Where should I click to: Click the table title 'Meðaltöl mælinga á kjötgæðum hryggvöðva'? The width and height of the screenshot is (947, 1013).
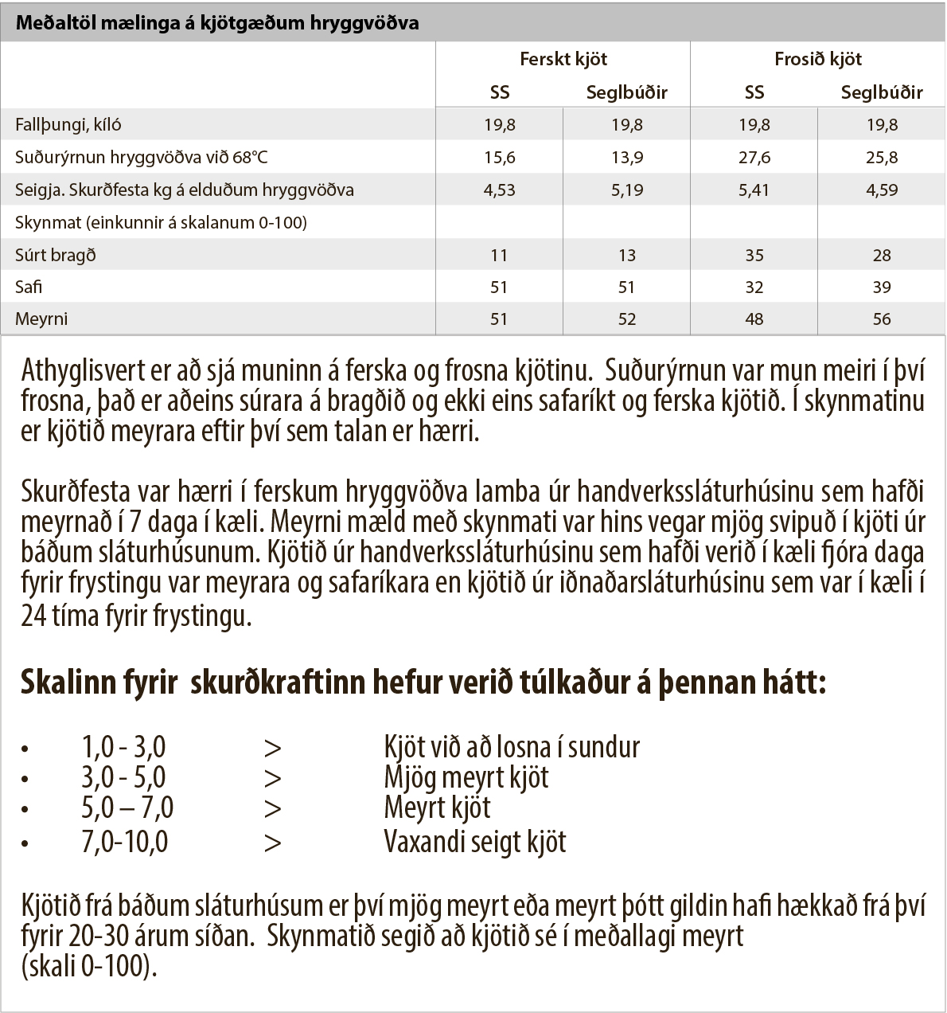click(216, 23)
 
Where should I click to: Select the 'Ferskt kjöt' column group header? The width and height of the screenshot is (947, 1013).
click(563, 59)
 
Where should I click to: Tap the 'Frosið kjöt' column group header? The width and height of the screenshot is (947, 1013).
click(818, 59)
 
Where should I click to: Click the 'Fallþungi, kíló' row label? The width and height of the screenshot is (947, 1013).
click(68, 125)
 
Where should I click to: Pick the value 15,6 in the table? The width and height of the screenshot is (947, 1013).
click(500, 158)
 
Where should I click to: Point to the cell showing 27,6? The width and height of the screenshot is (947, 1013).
click(754, 158)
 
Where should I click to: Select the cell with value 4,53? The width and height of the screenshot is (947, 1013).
click(500, 190)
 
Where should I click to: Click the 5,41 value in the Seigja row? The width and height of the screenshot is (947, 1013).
click(754, 190)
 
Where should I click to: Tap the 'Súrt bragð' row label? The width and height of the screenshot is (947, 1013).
click(56, 256)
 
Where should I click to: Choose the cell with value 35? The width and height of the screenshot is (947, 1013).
click(754, 256)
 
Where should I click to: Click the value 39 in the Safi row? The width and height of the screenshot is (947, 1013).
click(882, 287)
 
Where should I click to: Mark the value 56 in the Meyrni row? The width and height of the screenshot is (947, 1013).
click(882, 319)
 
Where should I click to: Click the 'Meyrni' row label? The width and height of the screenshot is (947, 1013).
click(41, 319)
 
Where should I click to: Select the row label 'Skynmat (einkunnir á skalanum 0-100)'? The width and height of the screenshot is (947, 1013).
click(161, 223)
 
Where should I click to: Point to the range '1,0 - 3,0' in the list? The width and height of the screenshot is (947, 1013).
click(123, 748)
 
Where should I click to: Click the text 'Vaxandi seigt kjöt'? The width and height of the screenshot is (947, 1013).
click(475, 842)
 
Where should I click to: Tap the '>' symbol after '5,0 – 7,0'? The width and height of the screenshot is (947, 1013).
click(273, 809)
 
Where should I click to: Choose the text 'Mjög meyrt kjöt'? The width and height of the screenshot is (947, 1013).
click(466, 778)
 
